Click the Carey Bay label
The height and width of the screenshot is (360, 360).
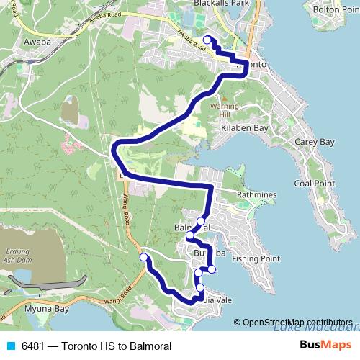point(315,142)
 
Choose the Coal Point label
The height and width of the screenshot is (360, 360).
point(315,184)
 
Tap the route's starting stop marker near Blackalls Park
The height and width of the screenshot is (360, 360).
point(207,40)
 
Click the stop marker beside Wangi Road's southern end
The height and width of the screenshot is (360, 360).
point(144,257)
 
